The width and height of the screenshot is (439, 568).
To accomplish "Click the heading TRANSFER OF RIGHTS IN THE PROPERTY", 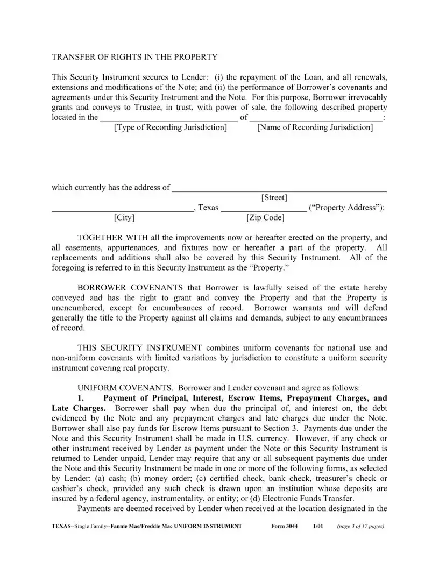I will pos(134,57).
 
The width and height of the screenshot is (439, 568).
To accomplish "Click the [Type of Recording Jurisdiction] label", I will pos(170,127).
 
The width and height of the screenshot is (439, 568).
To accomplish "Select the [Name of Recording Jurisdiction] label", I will pos(315,127).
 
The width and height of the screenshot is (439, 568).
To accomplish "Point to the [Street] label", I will pos(274,198).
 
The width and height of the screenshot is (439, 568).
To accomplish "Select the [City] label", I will pos(124,218).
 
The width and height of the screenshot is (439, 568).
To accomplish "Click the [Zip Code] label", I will pos(265,218).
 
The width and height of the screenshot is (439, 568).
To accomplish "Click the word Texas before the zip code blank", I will pos(208,208).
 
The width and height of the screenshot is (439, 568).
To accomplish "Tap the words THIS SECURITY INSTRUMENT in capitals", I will pos(140,348).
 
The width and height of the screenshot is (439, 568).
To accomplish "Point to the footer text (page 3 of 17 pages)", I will pos(360,526).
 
